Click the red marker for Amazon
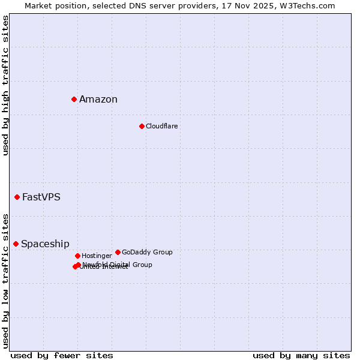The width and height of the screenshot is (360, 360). click(x=74, y=99)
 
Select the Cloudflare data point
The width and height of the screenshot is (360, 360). click(x=142, y=126)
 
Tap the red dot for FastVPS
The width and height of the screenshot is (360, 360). click(x=17, y=197)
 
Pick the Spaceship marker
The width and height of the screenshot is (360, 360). click(x=16, y=244)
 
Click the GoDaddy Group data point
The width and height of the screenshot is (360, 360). click(x=118, y=252)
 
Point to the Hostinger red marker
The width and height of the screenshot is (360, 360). click(x=77, y=256)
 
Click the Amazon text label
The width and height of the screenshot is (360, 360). click(x=98, y=100)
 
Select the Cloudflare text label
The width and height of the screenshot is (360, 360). click(x=161, y=126)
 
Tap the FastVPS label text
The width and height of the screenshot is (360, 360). click(x=41, y=197)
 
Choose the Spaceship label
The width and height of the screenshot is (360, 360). click(x=45, y=244)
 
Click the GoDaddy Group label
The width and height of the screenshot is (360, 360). click(x=147, y=252)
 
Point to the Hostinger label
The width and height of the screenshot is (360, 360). click(x=97, y=256)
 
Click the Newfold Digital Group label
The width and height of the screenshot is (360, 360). click(x=118, y=264)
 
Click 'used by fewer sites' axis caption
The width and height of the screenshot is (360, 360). click(x=62, y=355)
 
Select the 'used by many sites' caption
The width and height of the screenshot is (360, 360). click(x=301, y=355)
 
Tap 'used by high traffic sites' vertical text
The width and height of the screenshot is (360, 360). click(x=5, y=86)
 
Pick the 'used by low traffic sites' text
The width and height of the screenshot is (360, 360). click(x=5, y=280)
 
